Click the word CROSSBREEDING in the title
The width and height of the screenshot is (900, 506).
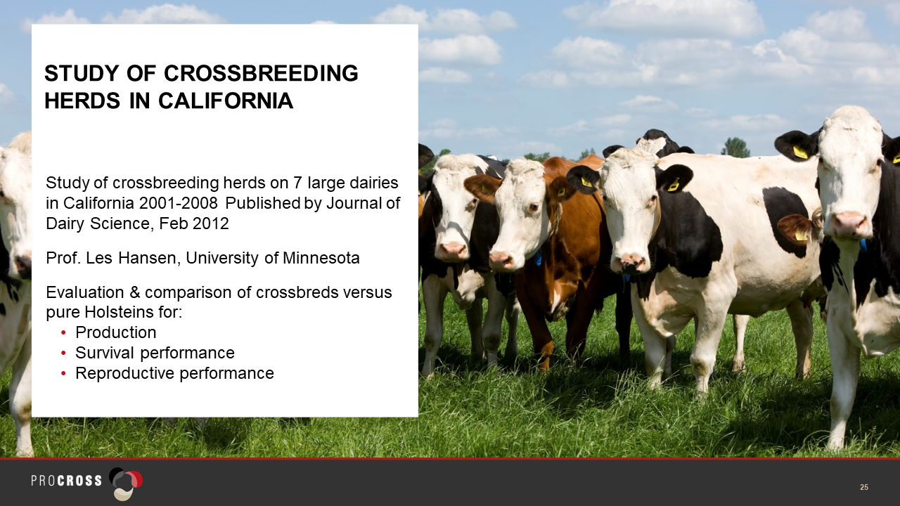click(261, 74)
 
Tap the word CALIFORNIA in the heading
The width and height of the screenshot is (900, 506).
click(226, 100)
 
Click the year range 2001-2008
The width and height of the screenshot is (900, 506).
click(179, 203)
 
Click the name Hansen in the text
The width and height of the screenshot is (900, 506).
click(147, 258)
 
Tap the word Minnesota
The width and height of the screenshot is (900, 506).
click(321, 258)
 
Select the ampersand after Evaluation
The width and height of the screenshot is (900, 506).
click(134, 292)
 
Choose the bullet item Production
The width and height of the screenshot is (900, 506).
click(116, 332)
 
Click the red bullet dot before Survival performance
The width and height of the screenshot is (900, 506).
click(63, 353)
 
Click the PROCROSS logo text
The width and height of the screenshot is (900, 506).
click(67, 481)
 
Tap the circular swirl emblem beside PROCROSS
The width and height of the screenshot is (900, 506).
click(126, 484)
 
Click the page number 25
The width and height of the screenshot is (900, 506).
click(864, 487)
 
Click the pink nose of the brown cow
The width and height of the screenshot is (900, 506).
click(500, 259)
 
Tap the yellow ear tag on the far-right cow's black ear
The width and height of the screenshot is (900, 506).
click(800, 153)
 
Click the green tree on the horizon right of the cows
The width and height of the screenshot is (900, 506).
click(736, 148)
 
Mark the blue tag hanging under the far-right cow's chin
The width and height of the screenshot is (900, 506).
click(863, 245)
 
